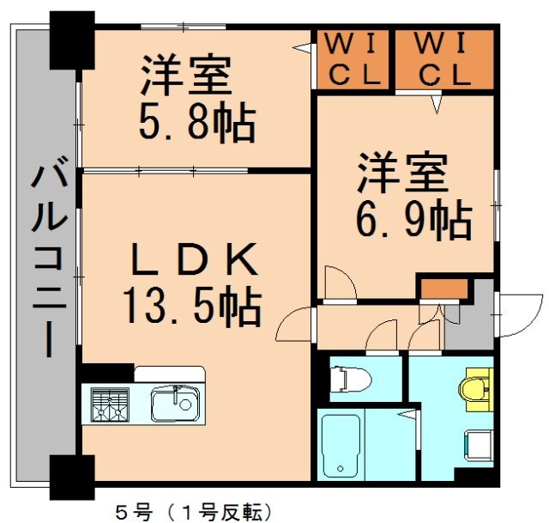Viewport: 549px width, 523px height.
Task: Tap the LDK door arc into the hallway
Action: [x=297, y=325]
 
